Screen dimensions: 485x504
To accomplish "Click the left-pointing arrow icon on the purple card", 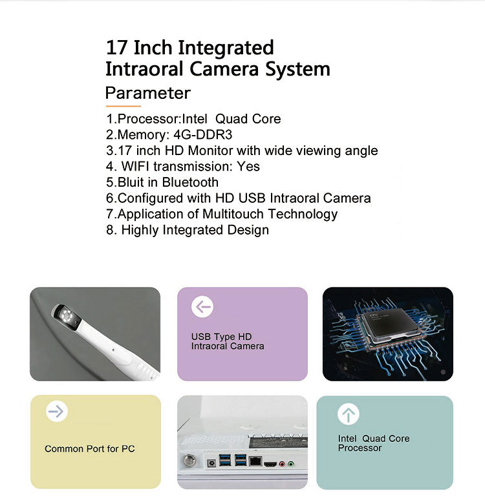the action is click(x=202, y=307).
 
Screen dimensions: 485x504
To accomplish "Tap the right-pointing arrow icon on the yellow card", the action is click(x=57, y=411).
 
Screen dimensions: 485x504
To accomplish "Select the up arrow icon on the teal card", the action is click(x=349, y=414).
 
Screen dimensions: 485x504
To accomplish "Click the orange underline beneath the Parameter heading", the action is click(x=124, y=106).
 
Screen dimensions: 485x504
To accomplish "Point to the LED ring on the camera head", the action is click(x=66, y=315).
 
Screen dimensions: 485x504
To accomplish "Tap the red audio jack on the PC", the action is click(x=282, y=464).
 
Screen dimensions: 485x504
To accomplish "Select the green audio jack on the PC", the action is click(x=291, y=464).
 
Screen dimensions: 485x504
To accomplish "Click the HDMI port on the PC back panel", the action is click(x=270, y=464).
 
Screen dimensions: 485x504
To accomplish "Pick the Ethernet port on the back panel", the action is click(x=255, y=461).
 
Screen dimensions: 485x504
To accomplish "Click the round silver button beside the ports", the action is click(x=189, y=460).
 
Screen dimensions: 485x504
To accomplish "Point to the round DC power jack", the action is click(x=211, y=463).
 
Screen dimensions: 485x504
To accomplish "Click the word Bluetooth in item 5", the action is click(x=190, y=182).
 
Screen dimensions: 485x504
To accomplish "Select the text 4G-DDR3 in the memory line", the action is click(x=202, y=134).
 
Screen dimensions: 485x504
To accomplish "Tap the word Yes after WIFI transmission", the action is click(x=248, y=167).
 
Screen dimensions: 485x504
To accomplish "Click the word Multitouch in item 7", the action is click(x=233, y=214).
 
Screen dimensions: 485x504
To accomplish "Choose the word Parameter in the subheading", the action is click(x=148, y=93).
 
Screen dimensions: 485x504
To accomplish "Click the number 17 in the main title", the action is click(x=116, y=48).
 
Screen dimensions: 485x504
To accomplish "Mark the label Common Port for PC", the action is click(x=90, y=448).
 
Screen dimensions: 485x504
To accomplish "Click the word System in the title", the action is click(x=297, y=70).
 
